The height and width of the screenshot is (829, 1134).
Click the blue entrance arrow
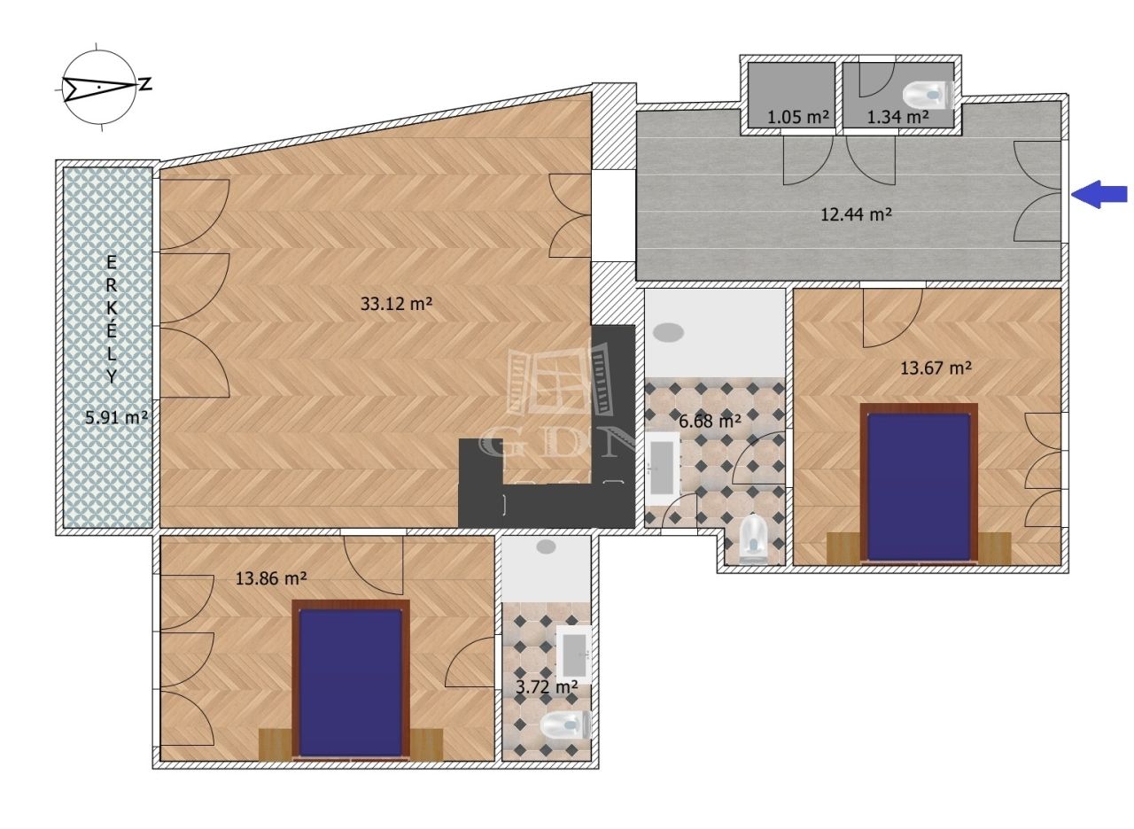pyautogui.click(x=1099, y=194)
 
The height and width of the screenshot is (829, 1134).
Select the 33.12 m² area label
pyautogui.click(x=396, y=304)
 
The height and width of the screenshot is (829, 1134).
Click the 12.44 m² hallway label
pyautogui.click(x=856, y=214)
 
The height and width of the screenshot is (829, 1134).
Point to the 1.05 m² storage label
pyautogui.click(x=798, y=118)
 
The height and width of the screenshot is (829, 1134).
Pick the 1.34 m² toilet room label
pyautogui.click(x=898, y=118)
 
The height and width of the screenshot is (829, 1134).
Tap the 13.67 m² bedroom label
pyautogui.click(x=936, y=368)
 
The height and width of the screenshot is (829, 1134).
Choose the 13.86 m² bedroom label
pyautogui.click(x=271, y=578)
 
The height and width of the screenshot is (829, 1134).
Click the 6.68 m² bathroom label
pyautogui.click(x=711, y=421)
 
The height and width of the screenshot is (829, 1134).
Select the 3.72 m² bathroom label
pyautogui.click(x=547, y=687)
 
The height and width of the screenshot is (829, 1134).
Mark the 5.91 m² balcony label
pyautogui.click(x=116, y=418)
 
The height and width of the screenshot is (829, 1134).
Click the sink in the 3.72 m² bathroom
pyautogui.click(x=574, y=655)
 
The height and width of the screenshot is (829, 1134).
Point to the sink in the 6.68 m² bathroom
pyautogui.click(x=663, y=469)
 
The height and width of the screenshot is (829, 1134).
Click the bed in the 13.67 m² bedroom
pyautogui.click(x=919, y=484)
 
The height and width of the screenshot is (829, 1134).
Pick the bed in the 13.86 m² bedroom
pyautogui.click(x=351, y=680)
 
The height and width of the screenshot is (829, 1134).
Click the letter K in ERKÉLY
pyautogui.click(x=112, y=309)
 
